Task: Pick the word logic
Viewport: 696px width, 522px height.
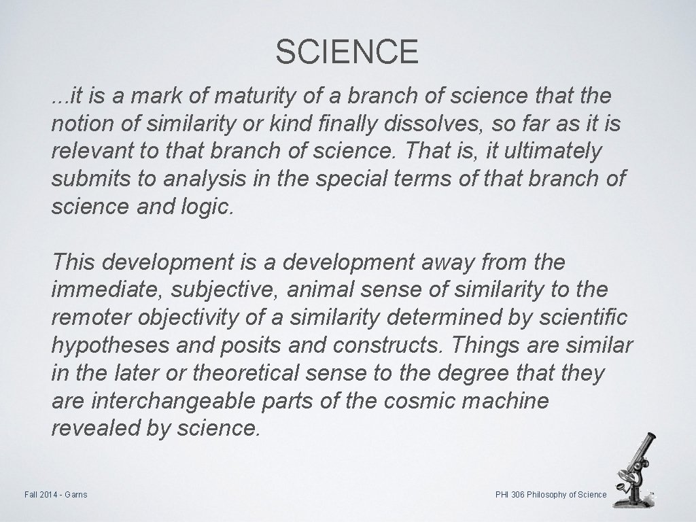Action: click(x=209, y=207)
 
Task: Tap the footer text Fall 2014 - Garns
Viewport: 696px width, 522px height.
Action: click(x=54, y=494)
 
